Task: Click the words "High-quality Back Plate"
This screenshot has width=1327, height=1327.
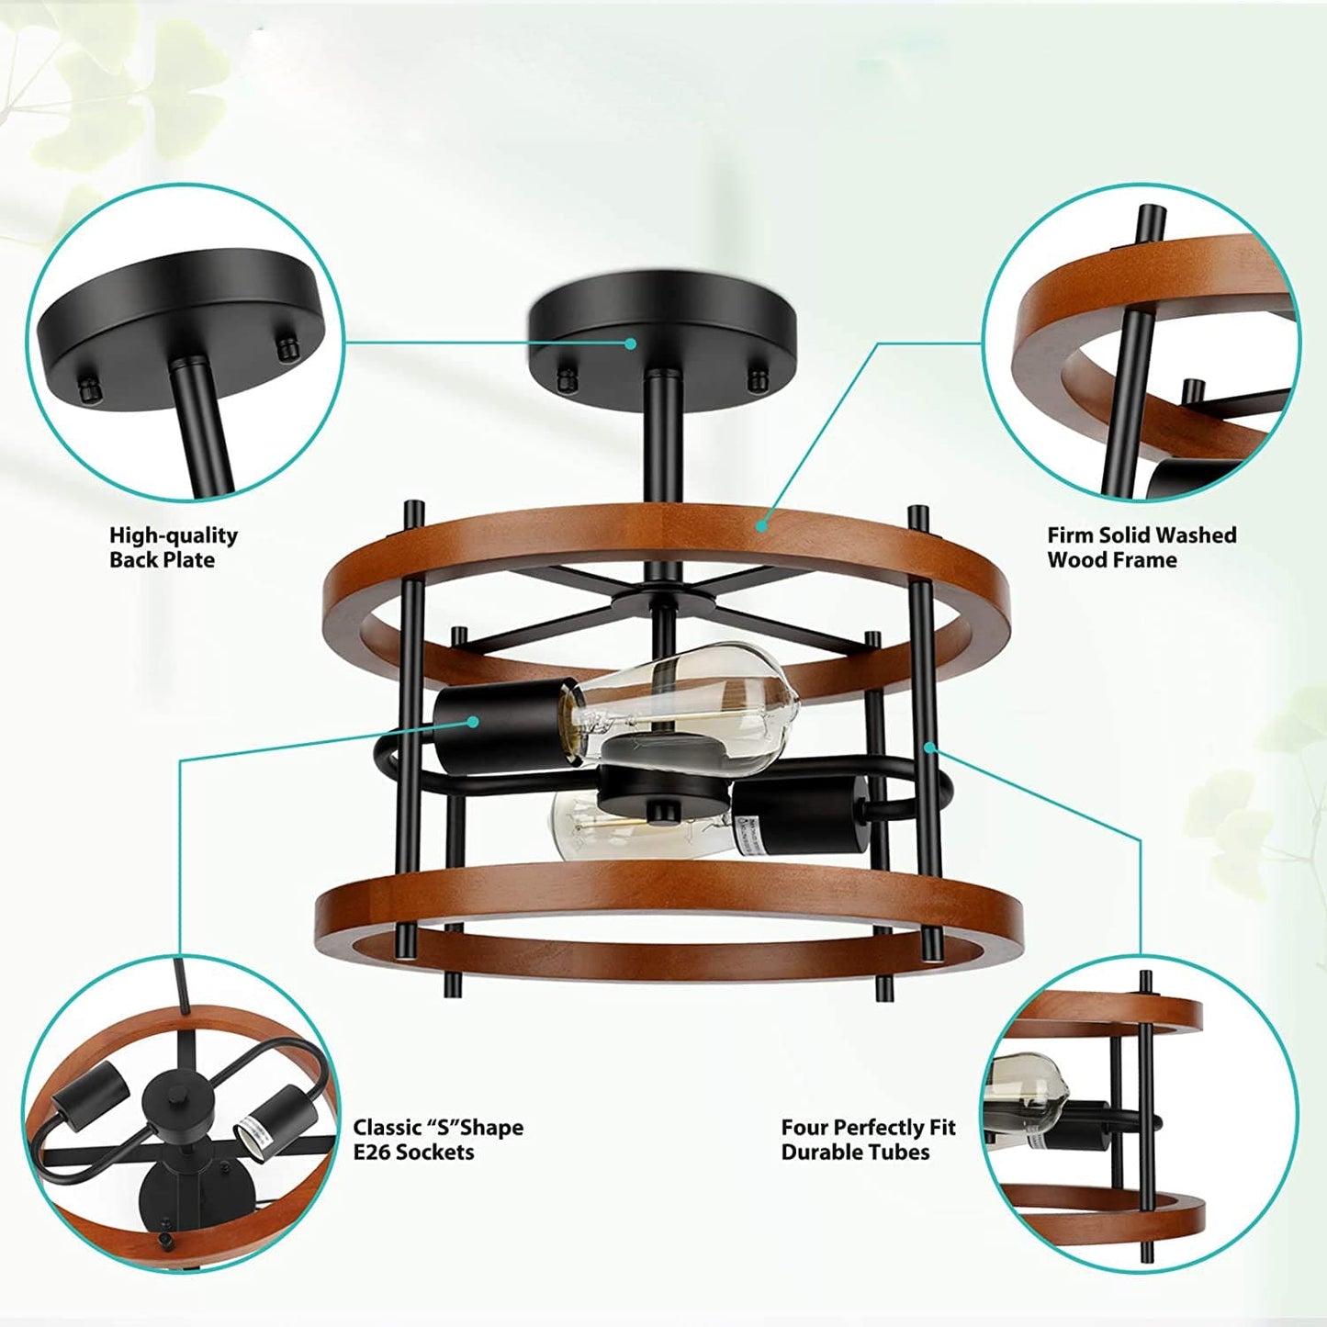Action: coord(174,546)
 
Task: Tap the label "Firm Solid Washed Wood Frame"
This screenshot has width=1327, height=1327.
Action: coord(1141,546)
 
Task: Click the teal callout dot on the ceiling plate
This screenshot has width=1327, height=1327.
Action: coord(630,343)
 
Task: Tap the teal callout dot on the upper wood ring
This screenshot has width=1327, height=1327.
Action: coord(761,526)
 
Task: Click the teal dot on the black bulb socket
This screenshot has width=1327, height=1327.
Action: coord(473,721)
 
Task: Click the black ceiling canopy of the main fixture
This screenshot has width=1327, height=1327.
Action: coord(662,322)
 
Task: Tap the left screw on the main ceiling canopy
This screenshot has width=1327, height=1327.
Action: coord(566,377)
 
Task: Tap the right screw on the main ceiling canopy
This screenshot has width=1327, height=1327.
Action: coord(759,378)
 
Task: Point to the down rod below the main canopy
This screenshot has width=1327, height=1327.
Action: coord(662,441)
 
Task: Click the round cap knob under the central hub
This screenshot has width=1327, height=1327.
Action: coord(662,812)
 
